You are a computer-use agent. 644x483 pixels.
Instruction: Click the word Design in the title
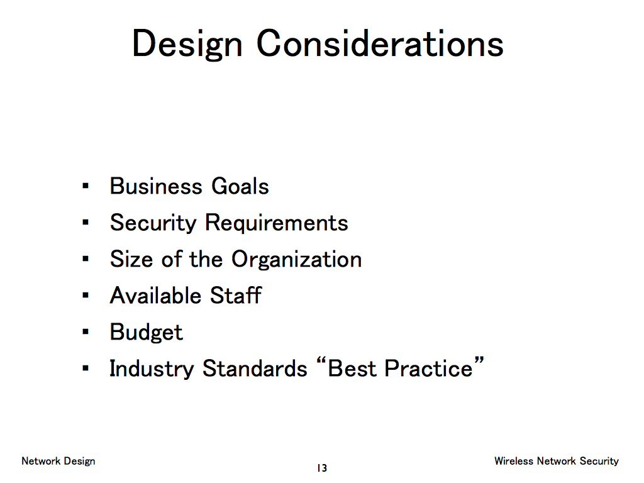click(187, 45)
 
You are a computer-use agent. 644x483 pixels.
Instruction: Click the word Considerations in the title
click(380, 43)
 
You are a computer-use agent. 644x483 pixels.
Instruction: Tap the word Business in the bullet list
click(156, 186)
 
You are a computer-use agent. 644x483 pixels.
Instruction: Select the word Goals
click(240, 186)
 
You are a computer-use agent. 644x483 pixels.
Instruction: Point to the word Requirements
click(277, 223)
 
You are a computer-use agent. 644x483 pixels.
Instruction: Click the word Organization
click(297, 260)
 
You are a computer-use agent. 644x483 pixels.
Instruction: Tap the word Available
click(156, 296)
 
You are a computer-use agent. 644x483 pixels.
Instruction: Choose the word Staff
click(236, 296)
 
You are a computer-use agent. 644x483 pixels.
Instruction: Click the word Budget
click(146, 332)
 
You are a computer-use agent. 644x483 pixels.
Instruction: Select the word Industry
click(152, 369)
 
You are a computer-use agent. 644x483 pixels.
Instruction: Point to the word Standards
click(255, 368)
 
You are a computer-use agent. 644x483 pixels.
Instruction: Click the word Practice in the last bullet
click(428, 368)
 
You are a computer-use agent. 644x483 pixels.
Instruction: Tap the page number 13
click(322, 468)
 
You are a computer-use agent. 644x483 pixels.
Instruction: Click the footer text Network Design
click(58, 461)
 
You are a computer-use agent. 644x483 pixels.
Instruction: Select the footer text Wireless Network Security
click(557, 461)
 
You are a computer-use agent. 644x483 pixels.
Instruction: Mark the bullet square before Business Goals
click(86, 186)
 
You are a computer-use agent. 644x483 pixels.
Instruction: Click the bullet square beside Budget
click(86, 332)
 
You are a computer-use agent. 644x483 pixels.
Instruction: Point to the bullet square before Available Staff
click(86, 296)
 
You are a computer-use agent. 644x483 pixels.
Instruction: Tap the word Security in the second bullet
click(153, 223)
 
